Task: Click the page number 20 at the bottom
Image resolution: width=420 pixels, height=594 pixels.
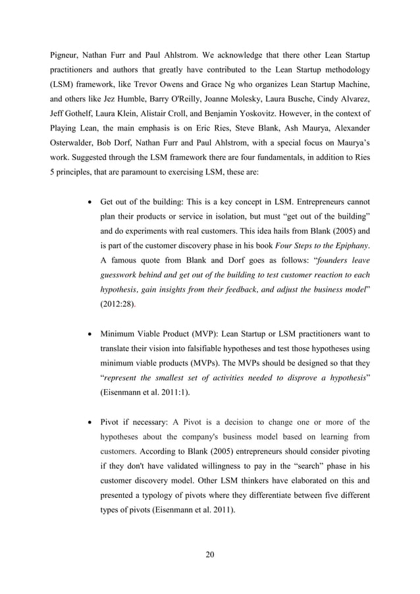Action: pyautogui.click(x=210, y=553)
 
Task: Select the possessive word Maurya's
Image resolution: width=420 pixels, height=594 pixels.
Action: pyautogui.click(x=346, y=159)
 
